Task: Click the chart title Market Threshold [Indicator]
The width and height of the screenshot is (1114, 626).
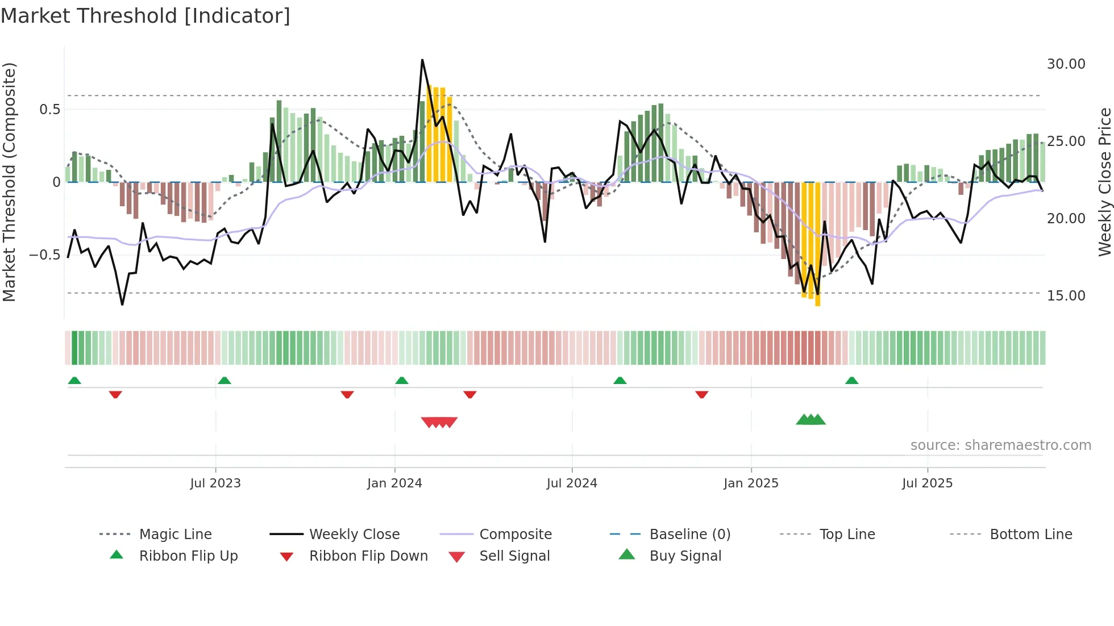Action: click(x=146, y=16)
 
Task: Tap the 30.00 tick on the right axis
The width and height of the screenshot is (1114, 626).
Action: click(x=1066, y=64)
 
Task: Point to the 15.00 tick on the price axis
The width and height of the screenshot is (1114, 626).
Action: click(x=1066, y=296)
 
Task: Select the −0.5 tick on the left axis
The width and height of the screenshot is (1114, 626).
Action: click(x=45, y=255)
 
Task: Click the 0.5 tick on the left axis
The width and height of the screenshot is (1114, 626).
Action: click(x=49, y=110)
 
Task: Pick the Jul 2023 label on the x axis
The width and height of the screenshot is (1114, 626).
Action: click(x=215, y=483)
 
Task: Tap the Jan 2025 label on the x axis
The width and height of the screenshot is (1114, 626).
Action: click(x=751, y=483)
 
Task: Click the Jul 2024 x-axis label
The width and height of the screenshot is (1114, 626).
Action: click(x=572, y=483)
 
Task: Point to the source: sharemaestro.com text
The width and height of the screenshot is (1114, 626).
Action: click(x=1000, y=445)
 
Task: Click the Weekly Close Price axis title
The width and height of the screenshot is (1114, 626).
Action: click(x=1104, y=182)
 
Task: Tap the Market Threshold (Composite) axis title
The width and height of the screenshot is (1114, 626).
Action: click(x=10, y=182)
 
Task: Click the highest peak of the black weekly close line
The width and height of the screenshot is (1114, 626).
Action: click(x=422, y=60)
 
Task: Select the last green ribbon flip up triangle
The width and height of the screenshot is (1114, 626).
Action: click(x=851, y=381)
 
